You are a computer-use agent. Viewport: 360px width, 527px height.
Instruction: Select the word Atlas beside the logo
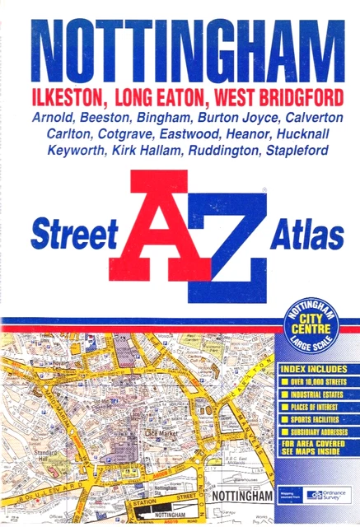tap(306, 236)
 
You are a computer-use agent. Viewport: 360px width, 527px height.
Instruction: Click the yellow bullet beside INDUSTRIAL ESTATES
tap(284, 394)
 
